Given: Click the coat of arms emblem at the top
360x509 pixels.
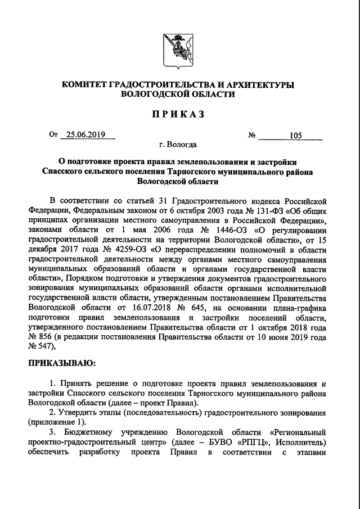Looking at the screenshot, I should [180, 49].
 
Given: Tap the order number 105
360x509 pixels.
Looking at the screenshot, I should [295, 136].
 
